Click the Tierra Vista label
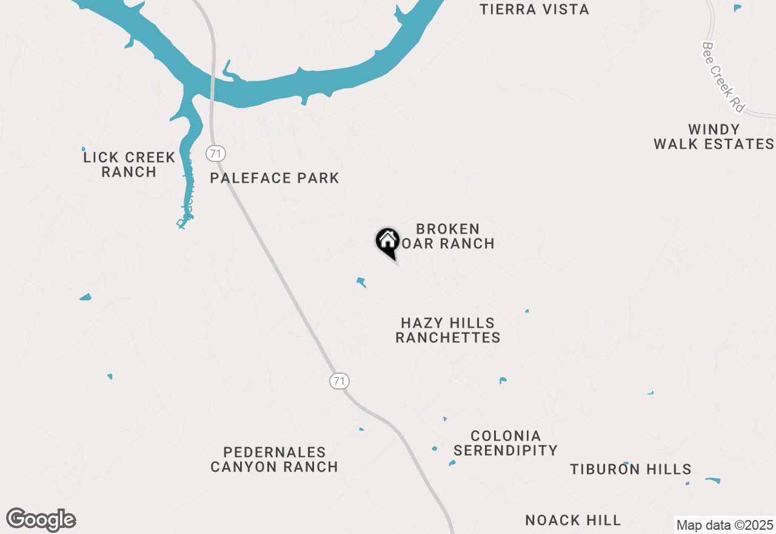coord(534,10)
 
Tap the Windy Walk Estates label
coord(714,137)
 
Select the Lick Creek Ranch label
coord(129,164)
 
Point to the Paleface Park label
coord(274,178)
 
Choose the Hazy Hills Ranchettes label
coord(448,330)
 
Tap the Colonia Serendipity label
coord(506,443)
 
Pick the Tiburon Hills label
coord(630,469)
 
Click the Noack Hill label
coord(573,520)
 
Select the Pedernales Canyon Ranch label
coord(274,459)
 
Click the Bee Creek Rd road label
coord(723,76)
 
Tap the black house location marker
coord(387,242)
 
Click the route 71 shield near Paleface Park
coord(215,154)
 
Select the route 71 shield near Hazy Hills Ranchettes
coord(339,381)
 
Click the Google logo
coord(41,519)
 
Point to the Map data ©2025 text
coord(724,525)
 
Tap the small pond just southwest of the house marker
coord(361,282)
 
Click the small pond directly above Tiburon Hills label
coord(626,464)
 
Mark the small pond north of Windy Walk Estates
coord(737,8)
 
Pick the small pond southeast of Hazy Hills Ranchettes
coord(502,380)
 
